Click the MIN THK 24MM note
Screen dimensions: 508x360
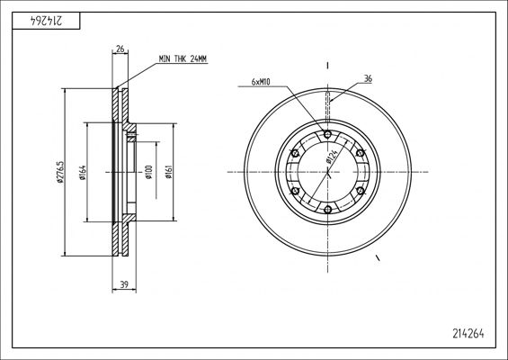[183, 59]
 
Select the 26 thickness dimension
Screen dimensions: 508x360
[120, 49]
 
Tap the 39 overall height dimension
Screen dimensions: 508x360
[124, 284]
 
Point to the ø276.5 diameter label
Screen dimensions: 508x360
[60, 172]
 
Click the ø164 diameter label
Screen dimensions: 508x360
[83, 173]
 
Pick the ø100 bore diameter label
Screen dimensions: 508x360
[148, 173]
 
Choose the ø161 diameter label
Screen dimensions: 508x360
[168, 172]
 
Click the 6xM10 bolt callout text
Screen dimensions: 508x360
[261, 82]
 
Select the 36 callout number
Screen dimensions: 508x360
[368, 78]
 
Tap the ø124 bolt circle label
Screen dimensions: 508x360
[332, 157]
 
